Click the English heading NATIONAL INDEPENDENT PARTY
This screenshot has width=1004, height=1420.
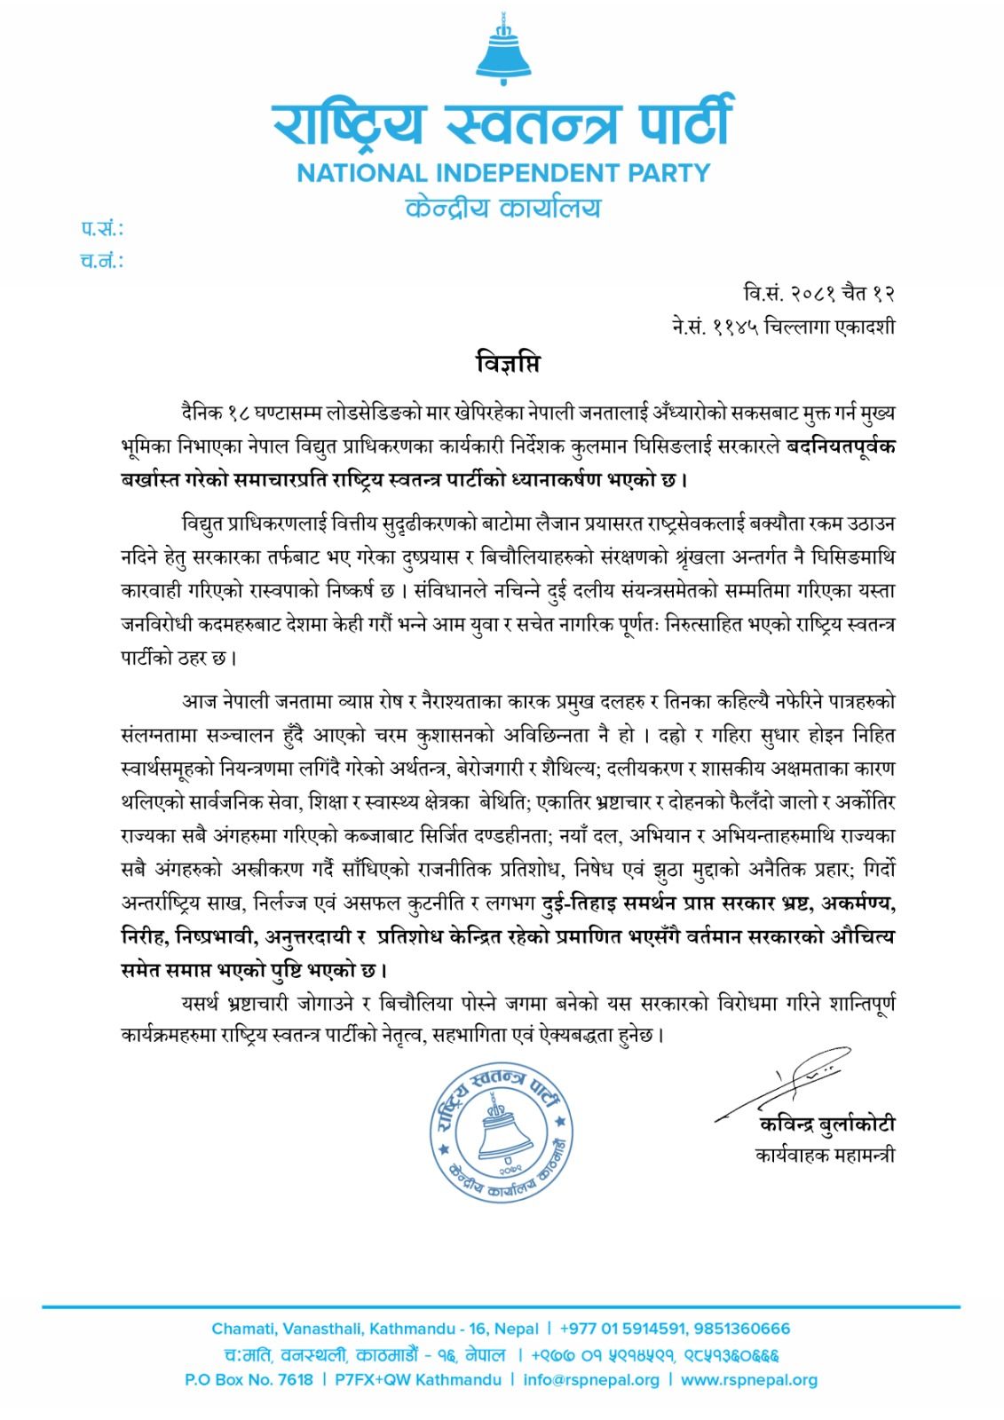[x=503, y=172]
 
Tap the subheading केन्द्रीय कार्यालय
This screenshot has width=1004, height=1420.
[x=502, y=209]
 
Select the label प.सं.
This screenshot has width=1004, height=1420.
[x=102, y=229]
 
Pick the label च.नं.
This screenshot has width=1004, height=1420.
[x=101, y=261]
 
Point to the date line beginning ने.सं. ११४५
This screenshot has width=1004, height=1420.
[x=783, y=327]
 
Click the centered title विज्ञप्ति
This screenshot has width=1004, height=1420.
[x=507, y=364]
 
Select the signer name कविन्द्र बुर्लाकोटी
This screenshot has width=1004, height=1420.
[x=826, y=1124]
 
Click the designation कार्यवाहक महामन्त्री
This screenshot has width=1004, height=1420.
[x=825, y=1155]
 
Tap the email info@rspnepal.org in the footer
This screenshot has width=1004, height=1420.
[x=591, y=1380]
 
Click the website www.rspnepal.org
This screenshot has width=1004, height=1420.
[x=748, y=1380]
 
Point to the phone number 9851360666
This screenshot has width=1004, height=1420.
[x=745, y=1329]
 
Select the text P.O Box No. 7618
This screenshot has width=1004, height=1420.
[x=249, y=1380]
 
